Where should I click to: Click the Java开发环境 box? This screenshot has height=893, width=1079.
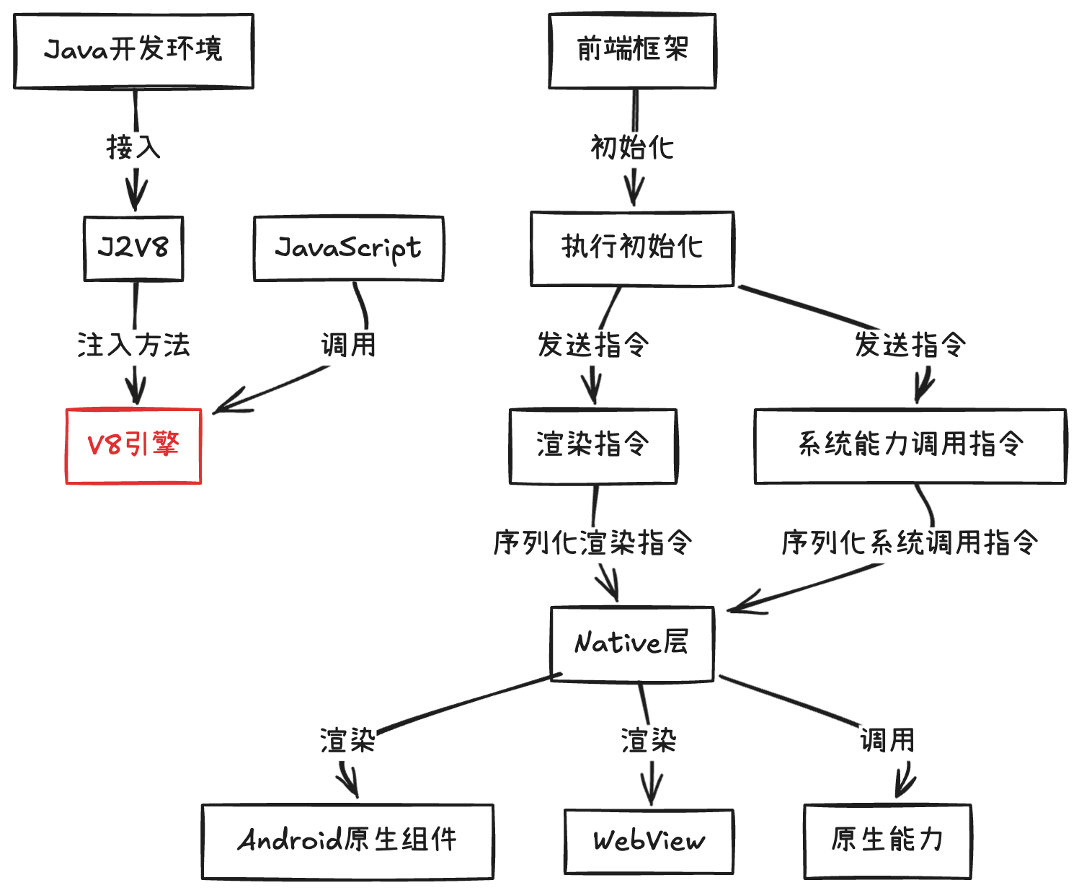pos(133,51)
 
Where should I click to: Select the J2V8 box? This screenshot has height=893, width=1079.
pos(133,248)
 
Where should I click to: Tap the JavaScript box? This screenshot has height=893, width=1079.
pos(349,248)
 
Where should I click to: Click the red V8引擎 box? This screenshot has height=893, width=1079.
pos(133,446)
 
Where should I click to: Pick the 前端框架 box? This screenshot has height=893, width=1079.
pos(632,51)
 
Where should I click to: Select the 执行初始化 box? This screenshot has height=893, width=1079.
pos(632,248)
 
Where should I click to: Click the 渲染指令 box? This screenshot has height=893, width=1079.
pos(592,446)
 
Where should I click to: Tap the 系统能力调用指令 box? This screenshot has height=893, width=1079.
pos(910,446)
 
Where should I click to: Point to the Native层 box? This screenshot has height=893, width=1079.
pos(632,643)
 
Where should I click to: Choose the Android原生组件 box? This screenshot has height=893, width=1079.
pos(347,841)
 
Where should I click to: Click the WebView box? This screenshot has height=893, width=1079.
pos(649,841)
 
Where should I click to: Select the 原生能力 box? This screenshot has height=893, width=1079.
pos(887,841)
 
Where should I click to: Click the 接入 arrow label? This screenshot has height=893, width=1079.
pos(133,148)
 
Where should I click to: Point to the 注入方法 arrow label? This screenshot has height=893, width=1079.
pos(133,345)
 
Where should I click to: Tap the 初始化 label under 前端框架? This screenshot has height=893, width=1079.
pos(632,148)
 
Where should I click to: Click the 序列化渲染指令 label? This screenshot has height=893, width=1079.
pos(592,542)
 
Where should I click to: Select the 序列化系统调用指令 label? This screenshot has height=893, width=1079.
pos(910,542)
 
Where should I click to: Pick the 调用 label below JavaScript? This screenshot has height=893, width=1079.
pos(349,345)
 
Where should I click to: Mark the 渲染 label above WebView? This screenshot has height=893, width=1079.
pos(649,741)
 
